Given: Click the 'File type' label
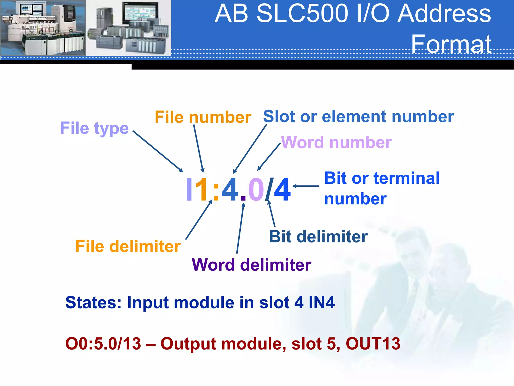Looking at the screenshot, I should pyautogui.click(x=94, y=128).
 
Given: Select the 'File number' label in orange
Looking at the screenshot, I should pyautogui.click(x=203, y=117).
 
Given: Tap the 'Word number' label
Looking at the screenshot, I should pyautogui.click(x=336, y=142).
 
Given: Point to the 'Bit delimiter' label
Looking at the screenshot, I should pyautogui.click(x=318, y=237).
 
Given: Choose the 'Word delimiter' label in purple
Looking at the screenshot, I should pyautogui.click(x=251, y=265).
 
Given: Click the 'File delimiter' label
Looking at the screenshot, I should pyautogui.click(x=128, y=246).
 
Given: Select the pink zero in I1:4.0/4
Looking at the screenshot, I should pyautogui.click(x=256, y=190).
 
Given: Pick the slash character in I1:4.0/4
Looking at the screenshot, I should pyautogui.click(x=269, y=190).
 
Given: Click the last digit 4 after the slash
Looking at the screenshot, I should pyautogui.click(x=282, y=190).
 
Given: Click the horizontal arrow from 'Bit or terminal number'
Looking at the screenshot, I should pyautogui.click(x=306, y=186).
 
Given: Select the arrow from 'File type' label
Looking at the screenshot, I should pyautogui.click(x=158, y=151).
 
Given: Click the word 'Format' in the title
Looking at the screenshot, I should pyautogui.click(x=451, y=44).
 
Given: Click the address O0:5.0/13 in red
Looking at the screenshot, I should pyautogui.click(x=103, y=344).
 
